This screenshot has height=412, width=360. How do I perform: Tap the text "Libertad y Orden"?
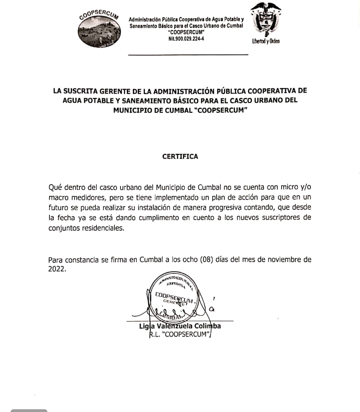266,41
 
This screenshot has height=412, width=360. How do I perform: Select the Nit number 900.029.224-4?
187,39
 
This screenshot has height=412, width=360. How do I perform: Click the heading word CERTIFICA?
180,157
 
